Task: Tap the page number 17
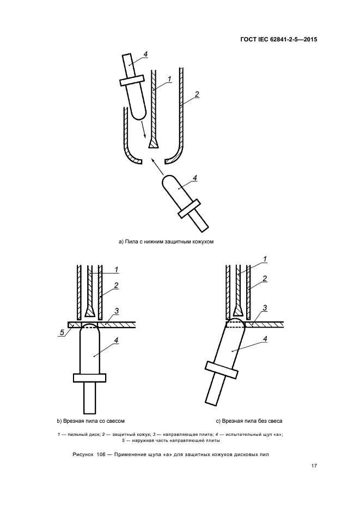(x=314, y=466)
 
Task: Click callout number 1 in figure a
(x=169, y=80)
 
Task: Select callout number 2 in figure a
(x=197, y=94)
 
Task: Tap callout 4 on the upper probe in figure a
(x=145, y=54)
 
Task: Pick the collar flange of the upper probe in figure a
(x=131, y=80)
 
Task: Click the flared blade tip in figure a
(x=153, y=143)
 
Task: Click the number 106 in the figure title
(x=102, y=454)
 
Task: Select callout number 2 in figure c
(x=265, y=279)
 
